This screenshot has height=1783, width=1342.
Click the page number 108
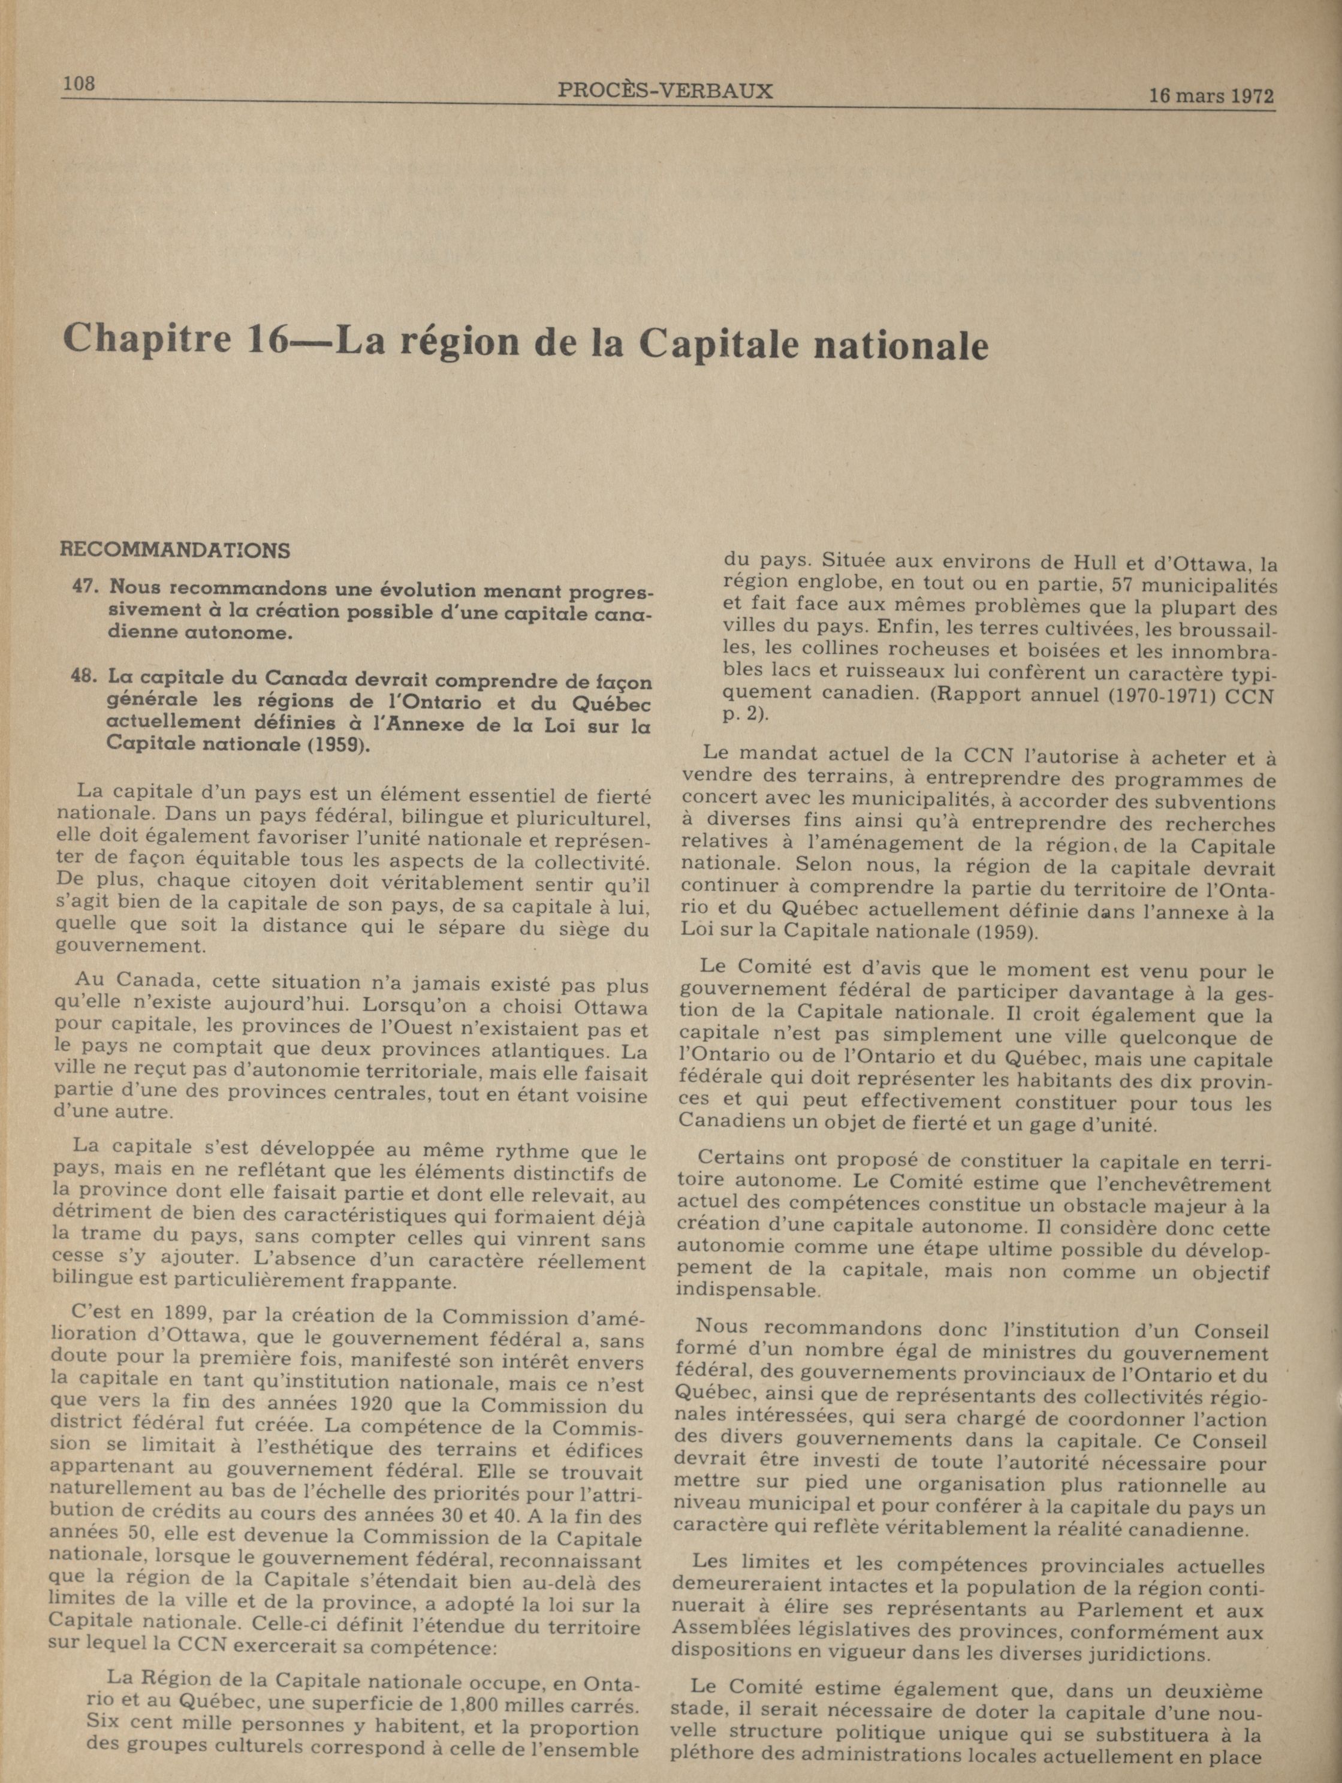(x=79, y=83)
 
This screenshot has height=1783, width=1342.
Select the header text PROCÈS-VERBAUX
(x=665, y=91)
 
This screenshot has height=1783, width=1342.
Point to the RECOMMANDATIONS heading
(x=175, y=551)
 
